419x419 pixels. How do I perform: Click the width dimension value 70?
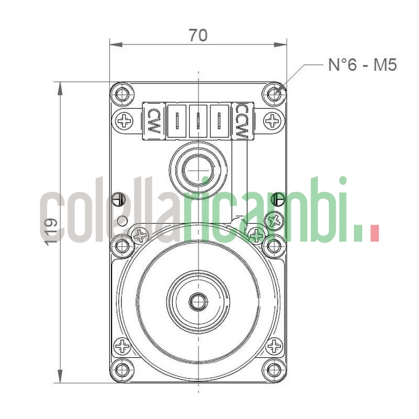point(198,35)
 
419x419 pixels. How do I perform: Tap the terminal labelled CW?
point(153,120)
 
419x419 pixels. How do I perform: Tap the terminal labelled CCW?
point(241,120)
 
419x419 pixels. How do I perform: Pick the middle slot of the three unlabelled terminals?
point(199,120)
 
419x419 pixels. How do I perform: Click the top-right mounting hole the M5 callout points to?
point(274,95)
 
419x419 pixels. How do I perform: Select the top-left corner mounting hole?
point(123,95)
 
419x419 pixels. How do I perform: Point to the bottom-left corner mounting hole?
point(123,370)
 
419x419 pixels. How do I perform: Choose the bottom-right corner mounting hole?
point(274,370)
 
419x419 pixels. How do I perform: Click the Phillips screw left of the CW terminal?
point(125,122)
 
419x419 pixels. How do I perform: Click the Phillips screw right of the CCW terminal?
point(272,122)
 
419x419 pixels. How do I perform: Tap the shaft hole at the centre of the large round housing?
point(198,301)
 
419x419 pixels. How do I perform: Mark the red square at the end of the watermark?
point(374,234)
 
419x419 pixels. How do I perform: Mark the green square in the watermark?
point(358,234)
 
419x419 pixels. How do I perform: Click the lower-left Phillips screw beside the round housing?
point(123,346)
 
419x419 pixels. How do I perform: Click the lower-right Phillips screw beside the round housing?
point(274,346)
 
